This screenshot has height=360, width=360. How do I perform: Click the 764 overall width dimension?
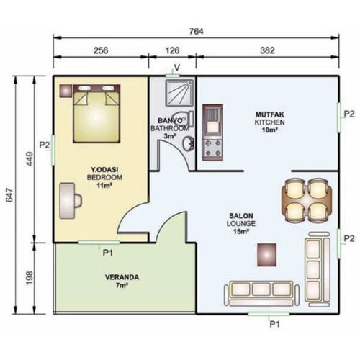pyautogui.click(x=196, y=32)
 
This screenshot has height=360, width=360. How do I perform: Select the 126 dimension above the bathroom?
pyautogui.click(x=172, y=50)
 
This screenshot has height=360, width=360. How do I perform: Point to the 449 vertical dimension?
pyautogui.click(x=30, y=158)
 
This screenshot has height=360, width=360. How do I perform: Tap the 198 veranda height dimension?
pyautogui.click(x=30, y=278)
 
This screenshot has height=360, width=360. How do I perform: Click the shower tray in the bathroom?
pyautogui.click(x=180, y=93)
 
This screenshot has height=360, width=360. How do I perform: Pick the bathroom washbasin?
pyautogui.click(x=189, y=144)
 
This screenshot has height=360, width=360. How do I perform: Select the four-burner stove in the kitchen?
pyautogui.click(x=212, y=149)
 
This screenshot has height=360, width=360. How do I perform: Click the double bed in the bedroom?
pyautogui.click(x=96, y=114)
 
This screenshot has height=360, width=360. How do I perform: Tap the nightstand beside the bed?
pyautogui.click(x=66, y=91)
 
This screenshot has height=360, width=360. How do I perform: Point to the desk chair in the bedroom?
pyautogui.click(x=78, y=201)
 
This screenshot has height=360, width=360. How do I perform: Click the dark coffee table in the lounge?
pyautogui.click(x=266, y=255)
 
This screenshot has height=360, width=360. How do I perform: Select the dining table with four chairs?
pyautogui.click(x=307, y=200)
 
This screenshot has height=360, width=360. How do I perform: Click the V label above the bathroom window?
pyautogui.click(x=177, y=68)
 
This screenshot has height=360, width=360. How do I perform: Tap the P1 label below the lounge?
pyautogui.click(x=275, y=324)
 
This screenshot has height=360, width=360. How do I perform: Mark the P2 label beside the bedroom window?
pyautogui.click(x=45, y=145)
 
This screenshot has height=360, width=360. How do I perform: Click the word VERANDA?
pyautogui.click(x=122, y=277)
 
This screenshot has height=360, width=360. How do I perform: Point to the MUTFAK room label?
pyautogui.click(x=270, y=114)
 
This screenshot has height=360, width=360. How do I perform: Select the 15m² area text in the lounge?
pyautogui.click(x=240, y=232)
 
